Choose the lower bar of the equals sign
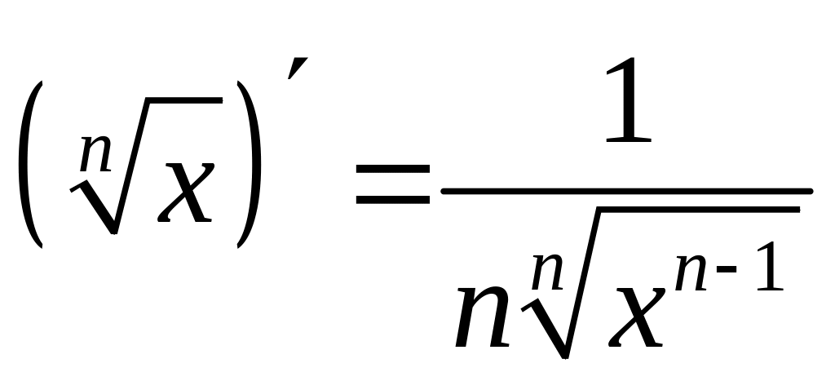click(x=391, y=199)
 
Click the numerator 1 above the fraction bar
click(x=628, y=90)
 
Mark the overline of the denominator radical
click(x=693, y=210)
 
